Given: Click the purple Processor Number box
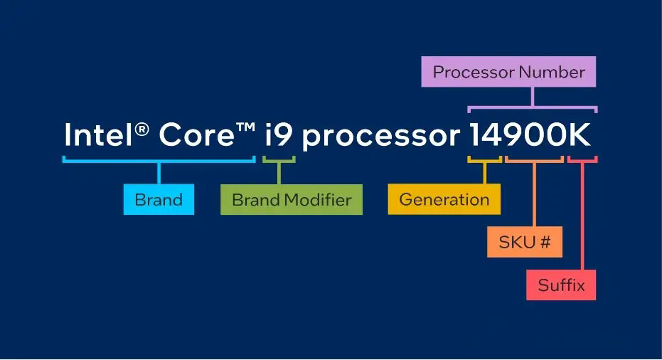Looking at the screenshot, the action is [508, 72].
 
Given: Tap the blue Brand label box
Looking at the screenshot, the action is [159, 199].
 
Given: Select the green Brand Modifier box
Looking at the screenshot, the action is [292, 199].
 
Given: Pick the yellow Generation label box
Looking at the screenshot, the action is [444, 199].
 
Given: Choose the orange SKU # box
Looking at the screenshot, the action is [525, 242].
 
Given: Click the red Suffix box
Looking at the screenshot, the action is [561, 285].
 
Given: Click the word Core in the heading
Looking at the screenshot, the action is [196, 134].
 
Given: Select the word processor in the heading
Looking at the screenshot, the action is [381, 138].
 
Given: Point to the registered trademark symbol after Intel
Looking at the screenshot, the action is [142, 129].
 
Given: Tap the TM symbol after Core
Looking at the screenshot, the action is [246, 127].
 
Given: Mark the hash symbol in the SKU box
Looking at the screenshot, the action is [545, 242].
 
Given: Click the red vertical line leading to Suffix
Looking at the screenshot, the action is [582, 216].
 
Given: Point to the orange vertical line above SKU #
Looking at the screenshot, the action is [534, 194].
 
